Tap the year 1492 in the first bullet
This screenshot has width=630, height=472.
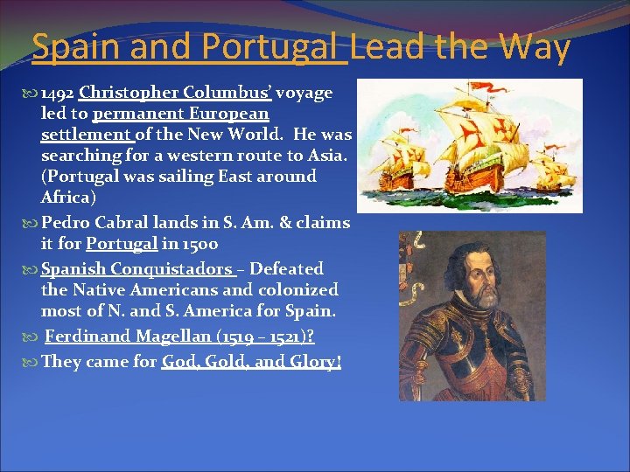pyautogui.click(x=58, y=93)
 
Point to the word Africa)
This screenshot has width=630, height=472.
pyautogui.click(x=67, y=198)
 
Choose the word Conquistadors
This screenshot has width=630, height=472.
pyautogui.click(x=181, y=269)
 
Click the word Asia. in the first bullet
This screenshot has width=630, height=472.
pyautogui.click(x=328, y=156)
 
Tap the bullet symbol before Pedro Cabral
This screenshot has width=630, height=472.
pyautogui.click(x=33, y=224)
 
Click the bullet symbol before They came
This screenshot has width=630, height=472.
pyautogui.click(x=33, y=363)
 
